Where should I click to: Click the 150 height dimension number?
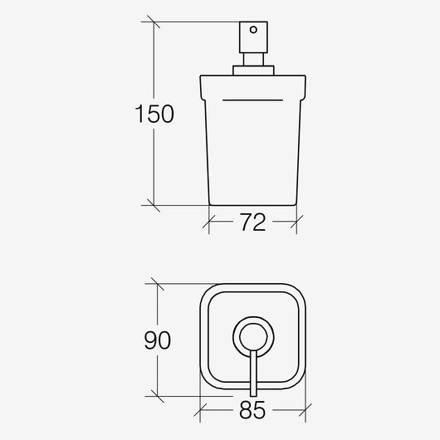(x=154, y=114)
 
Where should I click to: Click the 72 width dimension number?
(x=252, y=223)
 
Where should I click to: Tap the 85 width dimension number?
(x=252, y=410)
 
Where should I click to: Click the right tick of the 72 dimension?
(x=296, y=222)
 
